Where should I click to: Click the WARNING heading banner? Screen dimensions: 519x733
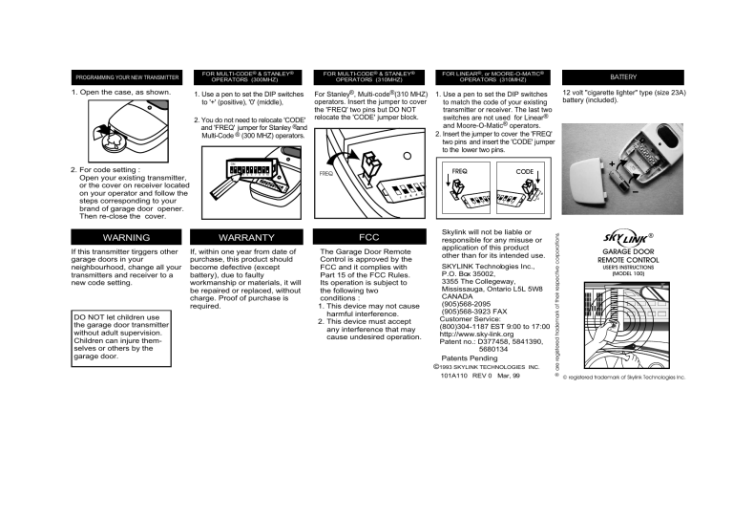pyautogui.click(x=126, y=236)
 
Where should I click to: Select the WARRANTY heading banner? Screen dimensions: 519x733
pyautogui.click(x=247, y=236)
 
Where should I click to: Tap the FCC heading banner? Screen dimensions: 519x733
pyautogui.click(x=368, y=236)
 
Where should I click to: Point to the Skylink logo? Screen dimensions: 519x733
pyautogui.click(x=623, y=238)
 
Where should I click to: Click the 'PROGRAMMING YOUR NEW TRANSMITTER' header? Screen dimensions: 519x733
pyautogui.click(x=126, y=76)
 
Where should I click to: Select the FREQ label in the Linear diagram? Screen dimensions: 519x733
pyautogui.click(x=459, y=170)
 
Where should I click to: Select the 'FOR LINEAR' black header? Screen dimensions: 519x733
pyautogui.click(x=492, y=76)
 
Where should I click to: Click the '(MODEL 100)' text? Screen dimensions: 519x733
pyautogui.click(x=628, y=273)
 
